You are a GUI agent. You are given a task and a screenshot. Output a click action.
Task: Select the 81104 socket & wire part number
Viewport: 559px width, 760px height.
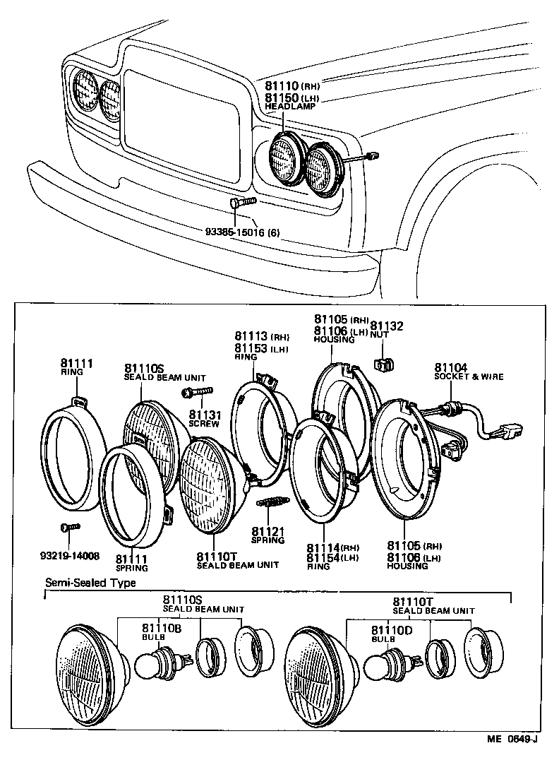pyautogui.click(x=451, y=367)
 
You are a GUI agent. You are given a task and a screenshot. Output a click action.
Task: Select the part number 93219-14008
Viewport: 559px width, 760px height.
pyautogui.click(x=70, y=555)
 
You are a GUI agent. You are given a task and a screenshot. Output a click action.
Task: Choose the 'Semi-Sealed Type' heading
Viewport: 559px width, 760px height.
pyautogui.click(x=90, y=583)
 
